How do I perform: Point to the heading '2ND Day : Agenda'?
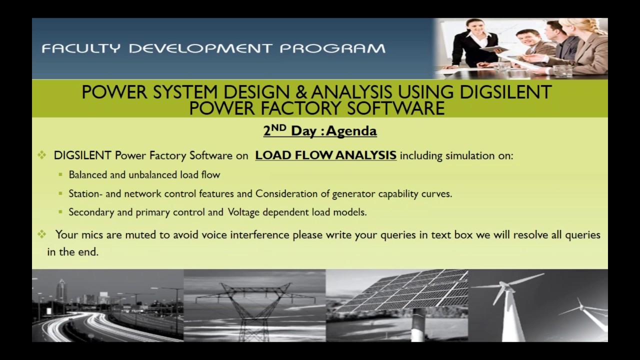coord(320,131)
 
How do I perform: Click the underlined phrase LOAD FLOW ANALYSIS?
coord(325,155)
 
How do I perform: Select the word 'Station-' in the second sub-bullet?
coord(86,193)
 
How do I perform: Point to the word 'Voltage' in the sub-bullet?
coord(243,212)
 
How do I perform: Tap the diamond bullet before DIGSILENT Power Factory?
coord(42,155)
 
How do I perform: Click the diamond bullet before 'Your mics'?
coord(43,234)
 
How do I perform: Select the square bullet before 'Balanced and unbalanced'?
coord(60,175)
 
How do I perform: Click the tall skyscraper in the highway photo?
coord(61,290)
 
